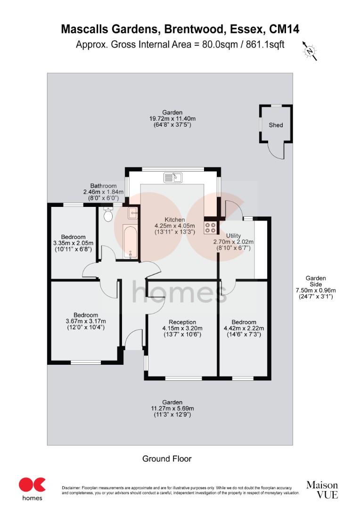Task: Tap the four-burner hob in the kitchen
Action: click(x=210, y=228)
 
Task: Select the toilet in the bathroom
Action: click(x=108, y=216)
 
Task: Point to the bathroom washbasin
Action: click(x=133, y=213)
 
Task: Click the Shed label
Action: click(x=276, y=125)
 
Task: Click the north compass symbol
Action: click(x=309, y=50)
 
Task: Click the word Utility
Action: click(x=234, y=236)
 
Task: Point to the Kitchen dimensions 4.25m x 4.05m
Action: click(x=175, y=226)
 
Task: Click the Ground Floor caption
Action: click(x=167, y=459)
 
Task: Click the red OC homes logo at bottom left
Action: click(x=32, y=488)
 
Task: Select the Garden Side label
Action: click(x=315, y=281)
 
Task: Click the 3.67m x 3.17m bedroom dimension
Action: click(x=86, y=321)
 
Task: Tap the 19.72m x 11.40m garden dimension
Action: click(x=170, y=119)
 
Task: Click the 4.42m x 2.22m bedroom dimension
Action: click(x=244, y=328)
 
